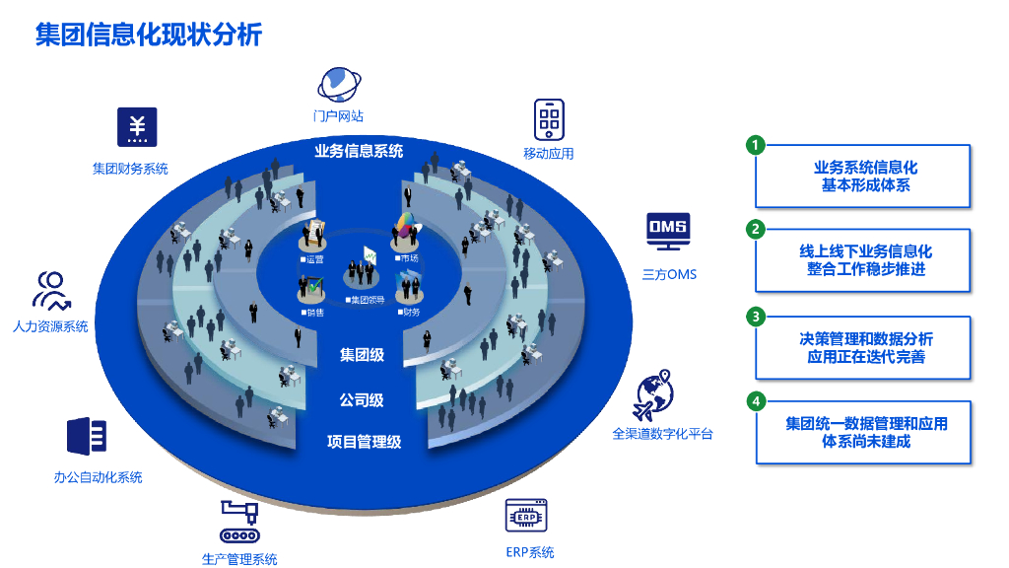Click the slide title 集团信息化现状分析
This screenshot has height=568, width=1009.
coord(148,35)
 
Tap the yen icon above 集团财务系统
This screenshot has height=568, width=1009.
coord(137,126)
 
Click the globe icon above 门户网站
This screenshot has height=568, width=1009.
coord(338,85)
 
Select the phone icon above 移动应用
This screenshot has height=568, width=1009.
coord(549,119)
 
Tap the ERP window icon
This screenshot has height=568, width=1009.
coord(527,516)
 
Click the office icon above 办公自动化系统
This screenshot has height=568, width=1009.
coord(87,437)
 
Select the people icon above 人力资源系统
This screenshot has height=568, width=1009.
coord(51,291)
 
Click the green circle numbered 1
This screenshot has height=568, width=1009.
coord(756,145)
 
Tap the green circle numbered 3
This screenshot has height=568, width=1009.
coord(756,317)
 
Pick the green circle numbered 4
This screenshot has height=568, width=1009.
coord(756,401)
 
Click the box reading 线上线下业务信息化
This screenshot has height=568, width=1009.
coord(863,261)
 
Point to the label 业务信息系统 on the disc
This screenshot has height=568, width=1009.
coord(359,152)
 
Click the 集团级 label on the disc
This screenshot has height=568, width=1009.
coord(362,355)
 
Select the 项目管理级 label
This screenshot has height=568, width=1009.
coord(364,442)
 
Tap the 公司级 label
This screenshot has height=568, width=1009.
coord(362,400)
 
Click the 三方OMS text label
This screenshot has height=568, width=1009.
coord(669,274)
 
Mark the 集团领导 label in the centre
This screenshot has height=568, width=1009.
coord(367,299)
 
